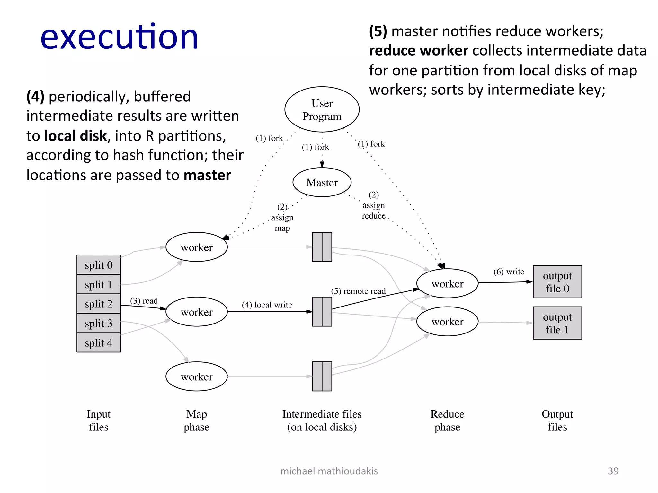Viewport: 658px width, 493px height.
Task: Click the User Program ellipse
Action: [x=322, y=109]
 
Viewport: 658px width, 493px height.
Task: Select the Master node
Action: [x=322, y=182]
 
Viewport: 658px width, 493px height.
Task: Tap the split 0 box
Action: [x=99, y=265]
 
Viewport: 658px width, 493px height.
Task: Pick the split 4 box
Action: [x=99, y=343]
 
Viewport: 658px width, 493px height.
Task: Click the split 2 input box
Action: [x=99, y=304]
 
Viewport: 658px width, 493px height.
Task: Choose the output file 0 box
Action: [x=557, y=282]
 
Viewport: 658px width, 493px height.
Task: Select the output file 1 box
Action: [x=557, y=323]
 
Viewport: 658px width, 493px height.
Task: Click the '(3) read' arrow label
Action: [x=144, y=301]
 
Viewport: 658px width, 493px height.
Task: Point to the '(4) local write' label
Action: [x=267, y=305]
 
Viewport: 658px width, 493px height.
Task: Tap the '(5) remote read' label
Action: [x=358, y=291]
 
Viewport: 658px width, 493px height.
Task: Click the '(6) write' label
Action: [x=509, y=272]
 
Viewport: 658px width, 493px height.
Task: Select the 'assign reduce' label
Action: [x=374, y=211]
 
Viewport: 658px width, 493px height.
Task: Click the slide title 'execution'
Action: [x=119, y=38]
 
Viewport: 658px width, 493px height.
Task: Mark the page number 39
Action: [x=613, y=471]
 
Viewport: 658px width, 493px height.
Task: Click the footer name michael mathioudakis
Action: [x=329, y=471]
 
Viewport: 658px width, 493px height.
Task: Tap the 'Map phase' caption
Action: [x=196, y=420]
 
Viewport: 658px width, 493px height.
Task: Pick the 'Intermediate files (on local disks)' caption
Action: [x=322, y=420]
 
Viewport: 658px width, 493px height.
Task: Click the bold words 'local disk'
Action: [x=76, y=136]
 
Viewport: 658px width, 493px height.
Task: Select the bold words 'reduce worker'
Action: [x=418, y=51]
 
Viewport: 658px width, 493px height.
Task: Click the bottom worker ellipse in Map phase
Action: [x=197, y=376]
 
